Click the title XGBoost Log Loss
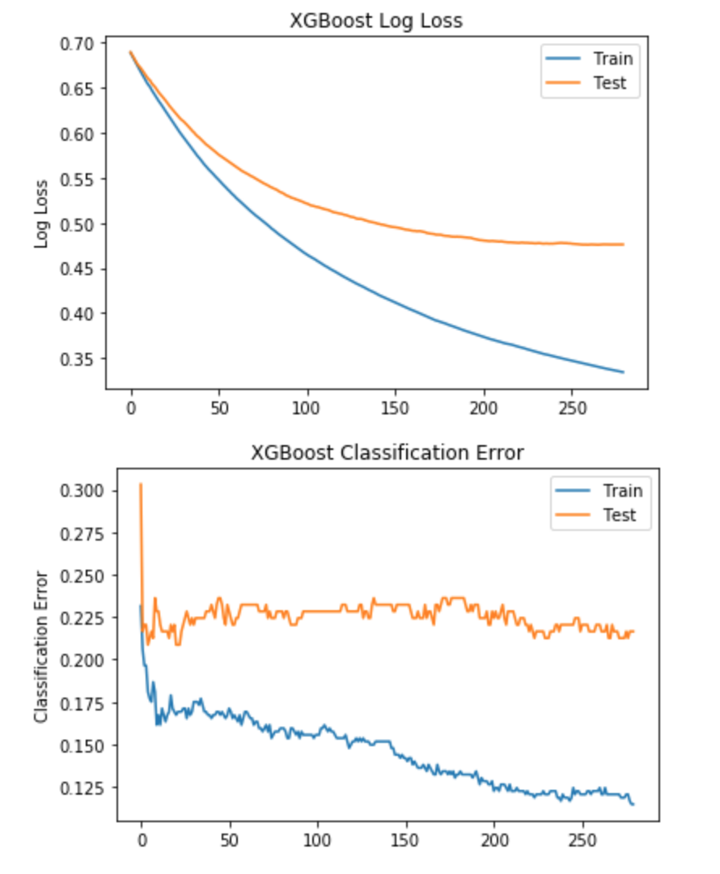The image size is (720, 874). [x=376, y=21]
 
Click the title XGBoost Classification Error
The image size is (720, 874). [x=388, y=453]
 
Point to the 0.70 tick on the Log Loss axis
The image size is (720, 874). [x=76, y=43]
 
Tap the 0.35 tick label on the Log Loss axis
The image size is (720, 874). [x=76, y=359]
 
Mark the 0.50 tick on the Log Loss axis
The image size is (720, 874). [x=76, y=223]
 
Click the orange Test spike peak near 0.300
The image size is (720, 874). [x=141, y=484]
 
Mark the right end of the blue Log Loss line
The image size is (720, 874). [x=624, y=372]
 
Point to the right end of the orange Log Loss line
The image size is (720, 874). [x=624, y=244]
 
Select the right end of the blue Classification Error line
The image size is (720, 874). [x=633, y=804]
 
